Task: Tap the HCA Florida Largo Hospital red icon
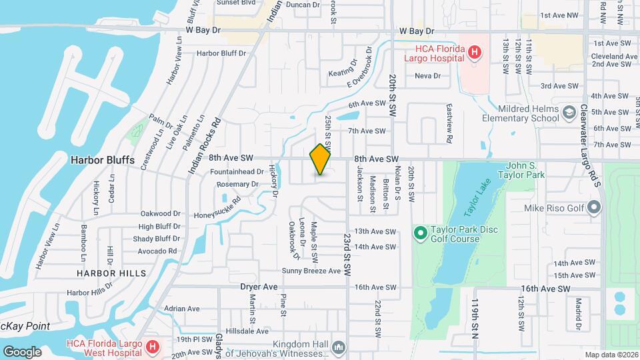[x=474, y=52]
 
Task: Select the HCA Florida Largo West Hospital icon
[x=152, y=347]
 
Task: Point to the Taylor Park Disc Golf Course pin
[x=420, y=233]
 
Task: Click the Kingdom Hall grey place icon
[x=339, y=347]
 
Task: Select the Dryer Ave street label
[x=259, y=287]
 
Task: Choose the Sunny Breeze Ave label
[x=311, y=271]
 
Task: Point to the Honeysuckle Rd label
[x=217, y=207]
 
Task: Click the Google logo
[x=22, y=351]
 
